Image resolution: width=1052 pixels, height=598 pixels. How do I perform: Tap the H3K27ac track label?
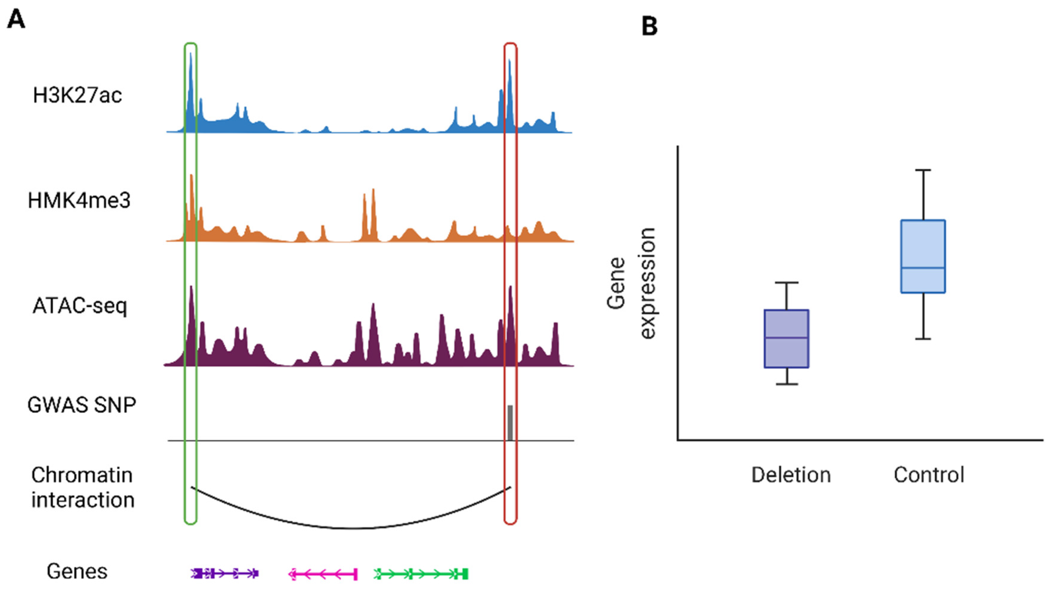click(x=77, y=96)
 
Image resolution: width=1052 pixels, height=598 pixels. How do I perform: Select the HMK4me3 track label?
click(x=79, y=201)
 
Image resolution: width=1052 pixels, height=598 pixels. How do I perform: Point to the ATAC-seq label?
click(x=80, y=306)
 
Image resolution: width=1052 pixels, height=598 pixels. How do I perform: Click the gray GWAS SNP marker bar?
click(x=510, y=423)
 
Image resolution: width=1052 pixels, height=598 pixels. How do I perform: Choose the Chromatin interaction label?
click(x=83, y=488)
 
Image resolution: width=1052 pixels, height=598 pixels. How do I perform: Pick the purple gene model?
click(x=224, y=573)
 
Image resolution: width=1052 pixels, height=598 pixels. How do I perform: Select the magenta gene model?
click(x=323, y=574)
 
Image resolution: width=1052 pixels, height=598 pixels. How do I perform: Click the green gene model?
click(x=421, y=574)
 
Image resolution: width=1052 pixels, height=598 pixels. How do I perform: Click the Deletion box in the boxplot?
click(x=786, y=339)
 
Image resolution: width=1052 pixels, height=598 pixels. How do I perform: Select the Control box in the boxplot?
click(x=923, y=256)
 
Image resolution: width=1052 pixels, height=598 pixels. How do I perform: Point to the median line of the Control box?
click(x=923, y=268)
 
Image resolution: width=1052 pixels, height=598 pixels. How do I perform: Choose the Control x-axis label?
click(x=928, y=475)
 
